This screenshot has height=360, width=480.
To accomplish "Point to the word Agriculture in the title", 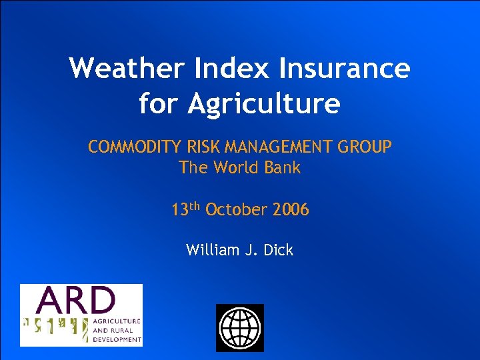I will pos(264,105).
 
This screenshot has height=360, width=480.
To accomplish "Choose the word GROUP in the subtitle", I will pos(367,147).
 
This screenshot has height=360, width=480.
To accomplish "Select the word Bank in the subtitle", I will pos(283,168).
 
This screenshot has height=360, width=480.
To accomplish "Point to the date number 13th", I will pos(186,209).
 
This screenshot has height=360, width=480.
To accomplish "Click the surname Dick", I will pos(279,251).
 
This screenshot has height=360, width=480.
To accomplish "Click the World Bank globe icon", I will pos(240,327).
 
